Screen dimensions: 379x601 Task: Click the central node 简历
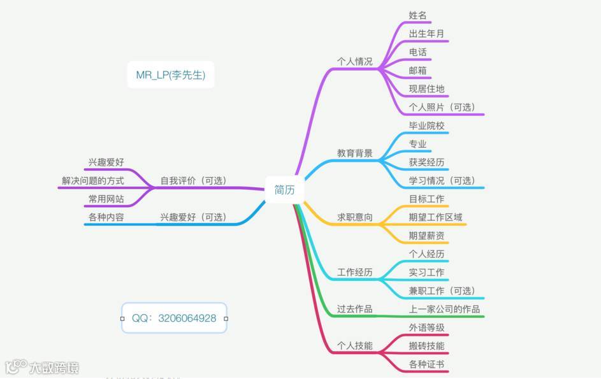tap(284, 190)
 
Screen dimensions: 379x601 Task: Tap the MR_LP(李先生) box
tap(170, 75)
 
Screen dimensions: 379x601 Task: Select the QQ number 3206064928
tap(174, 318)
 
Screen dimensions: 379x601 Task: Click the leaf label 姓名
tap(417, 15)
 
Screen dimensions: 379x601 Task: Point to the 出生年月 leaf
tap(426, 33)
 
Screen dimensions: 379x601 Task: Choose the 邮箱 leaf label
tap(417, 70)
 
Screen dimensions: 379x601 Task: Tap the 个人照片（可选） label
tap(442, 107)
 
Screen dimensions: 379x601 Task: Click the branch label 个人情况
tap(354, 62)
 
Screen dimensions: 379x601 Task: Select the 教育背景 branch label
tap(354, 154)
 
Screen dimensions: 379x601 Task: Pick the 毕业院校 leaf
tap(426, 125)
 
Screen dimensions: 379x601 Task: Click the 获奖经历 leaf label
tap(426, 162)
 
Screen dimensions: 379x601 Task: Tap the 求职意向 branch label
tap(354, 217)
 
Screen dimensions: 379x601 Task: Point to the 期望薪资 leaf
tap(426, 236)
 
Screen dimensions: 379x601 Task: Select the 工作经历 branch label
tap(354, 273)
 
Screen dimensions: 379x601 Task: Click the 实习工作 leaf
tap(426, 273)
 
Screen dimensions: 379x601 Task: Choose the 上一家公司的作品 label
tap(444, 310)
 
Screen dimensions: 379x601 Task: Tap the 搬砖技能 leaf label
tap(426, 347)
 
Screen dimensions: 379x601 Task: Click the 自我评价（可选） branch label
tap(193, 181)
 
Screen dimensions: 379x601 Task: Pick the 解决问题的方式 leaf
tap(93, 181)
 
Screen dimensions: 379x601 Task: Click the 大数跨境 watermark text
tap(54, 368)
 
